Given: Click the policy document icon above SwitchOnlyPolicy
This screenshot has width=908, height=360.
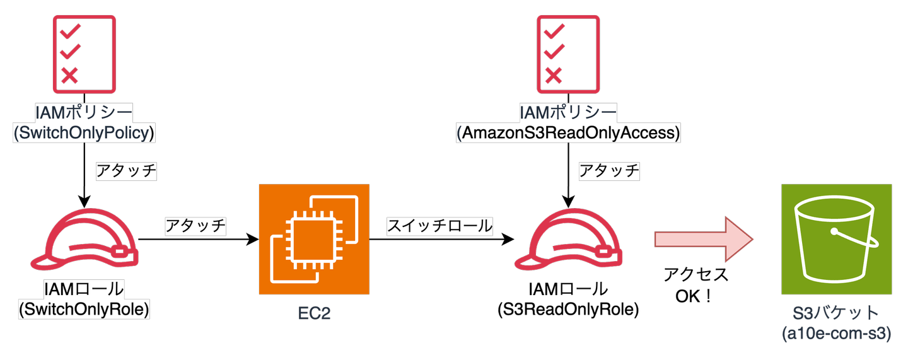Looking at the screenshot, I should click(x=84, y=53).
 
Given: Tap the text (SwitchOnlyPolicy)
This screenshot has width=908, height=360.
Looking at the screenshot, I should click(x=84, y=133).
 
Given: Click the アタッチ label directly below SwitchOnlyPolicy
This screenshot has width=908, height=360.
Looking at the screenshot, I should click(x=125, y=171).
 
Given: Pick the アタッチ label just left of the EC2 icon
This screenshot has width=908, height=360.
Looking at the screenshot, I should click(x=195, y=226).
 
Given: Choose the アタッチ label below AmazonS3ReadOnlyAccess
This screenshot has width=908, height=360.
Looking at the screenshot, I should click(x=609, y=171).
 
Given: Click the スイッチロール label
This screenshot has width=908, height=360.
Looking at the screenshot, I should click(x=440, y=226).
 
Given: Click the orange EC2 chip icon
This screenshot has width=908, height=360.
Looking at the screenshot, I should click(x=313, y=240).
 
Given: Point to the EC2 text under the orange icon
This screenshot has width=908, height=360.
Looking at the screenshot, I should click(x=313, y=313).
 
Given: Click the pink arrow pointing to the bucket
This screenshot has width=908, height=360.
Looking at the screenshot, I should click(x=704, y=240).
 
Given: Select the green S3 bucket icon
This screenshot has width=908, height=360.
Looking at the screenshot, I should click(x=836, y=240).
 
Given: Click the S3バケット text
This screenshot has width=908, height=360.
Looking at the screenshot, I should click(x=836, y=313).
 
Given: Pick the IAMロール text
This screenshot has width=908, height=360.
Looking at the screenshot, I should click(x=84, y=290).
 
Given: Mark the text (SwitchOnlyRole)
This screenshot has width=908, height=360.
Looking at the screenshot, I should click(x=84, y=310).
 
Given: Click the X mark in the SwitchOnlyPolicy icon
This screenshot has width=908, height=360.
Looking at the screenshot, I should click(x=69, y=76).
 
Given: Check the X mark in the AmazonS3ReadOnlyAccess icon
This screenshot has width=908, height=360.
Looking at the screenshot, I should click(x=552, y=76).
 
